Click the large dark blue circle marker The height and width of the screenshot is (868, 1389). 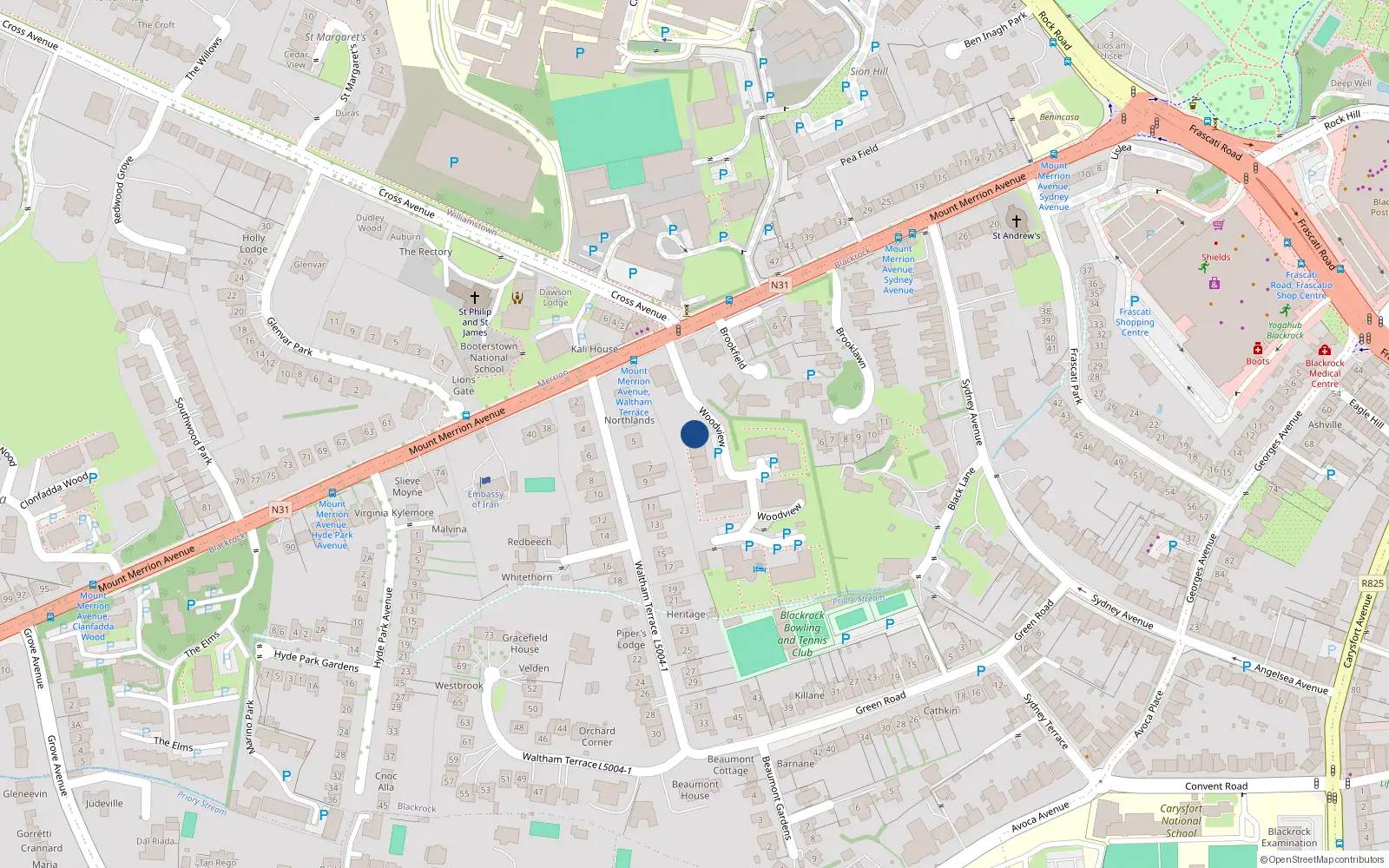click(694, 434)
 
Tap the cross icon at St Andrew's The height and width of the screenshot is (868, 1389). click(1016, 220)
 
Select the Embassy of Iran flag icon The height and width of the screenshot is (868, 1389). click(485, 481)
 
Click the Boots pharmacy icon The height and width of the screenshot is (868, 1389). click(1257, 349)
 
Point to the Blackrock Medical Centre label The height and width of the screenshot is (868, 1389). click(1325, 373)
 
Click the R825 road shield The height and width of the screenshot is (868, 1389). click(1373, 583)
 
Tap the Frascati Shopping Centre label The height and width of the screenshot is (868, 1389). click(1135, 322)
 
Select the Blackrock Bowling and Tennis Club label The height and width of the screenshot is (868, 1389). click(802, 634)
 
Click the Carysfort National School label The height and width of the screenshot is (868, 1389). click(1182, 820)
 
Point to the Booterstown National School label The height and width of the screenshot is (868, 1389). click(489, 357)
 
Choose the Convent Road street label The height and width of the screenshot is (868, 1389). click(1216, 786)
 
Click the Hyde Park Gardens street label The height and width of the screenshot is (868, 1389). click(316, 661)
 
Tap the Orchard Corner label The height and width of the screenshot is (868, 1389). click(596, 736)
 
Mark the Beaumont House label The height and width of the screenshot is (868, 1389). click(694, 790)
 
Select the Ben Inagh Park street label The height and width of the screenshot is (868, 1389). click(995, 30)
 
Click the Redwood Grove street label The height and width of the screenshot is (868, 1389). click(123, 189)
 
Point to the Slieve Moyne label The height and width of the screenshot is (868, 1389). click(407, 486)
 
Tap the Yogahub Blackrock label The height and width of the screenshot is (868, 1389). click(1285, 331)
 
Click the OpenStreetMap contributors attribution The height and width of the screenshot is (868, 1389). click(1322, 860)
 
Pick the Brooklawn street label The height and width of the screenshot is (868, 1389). click(851, 346)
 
